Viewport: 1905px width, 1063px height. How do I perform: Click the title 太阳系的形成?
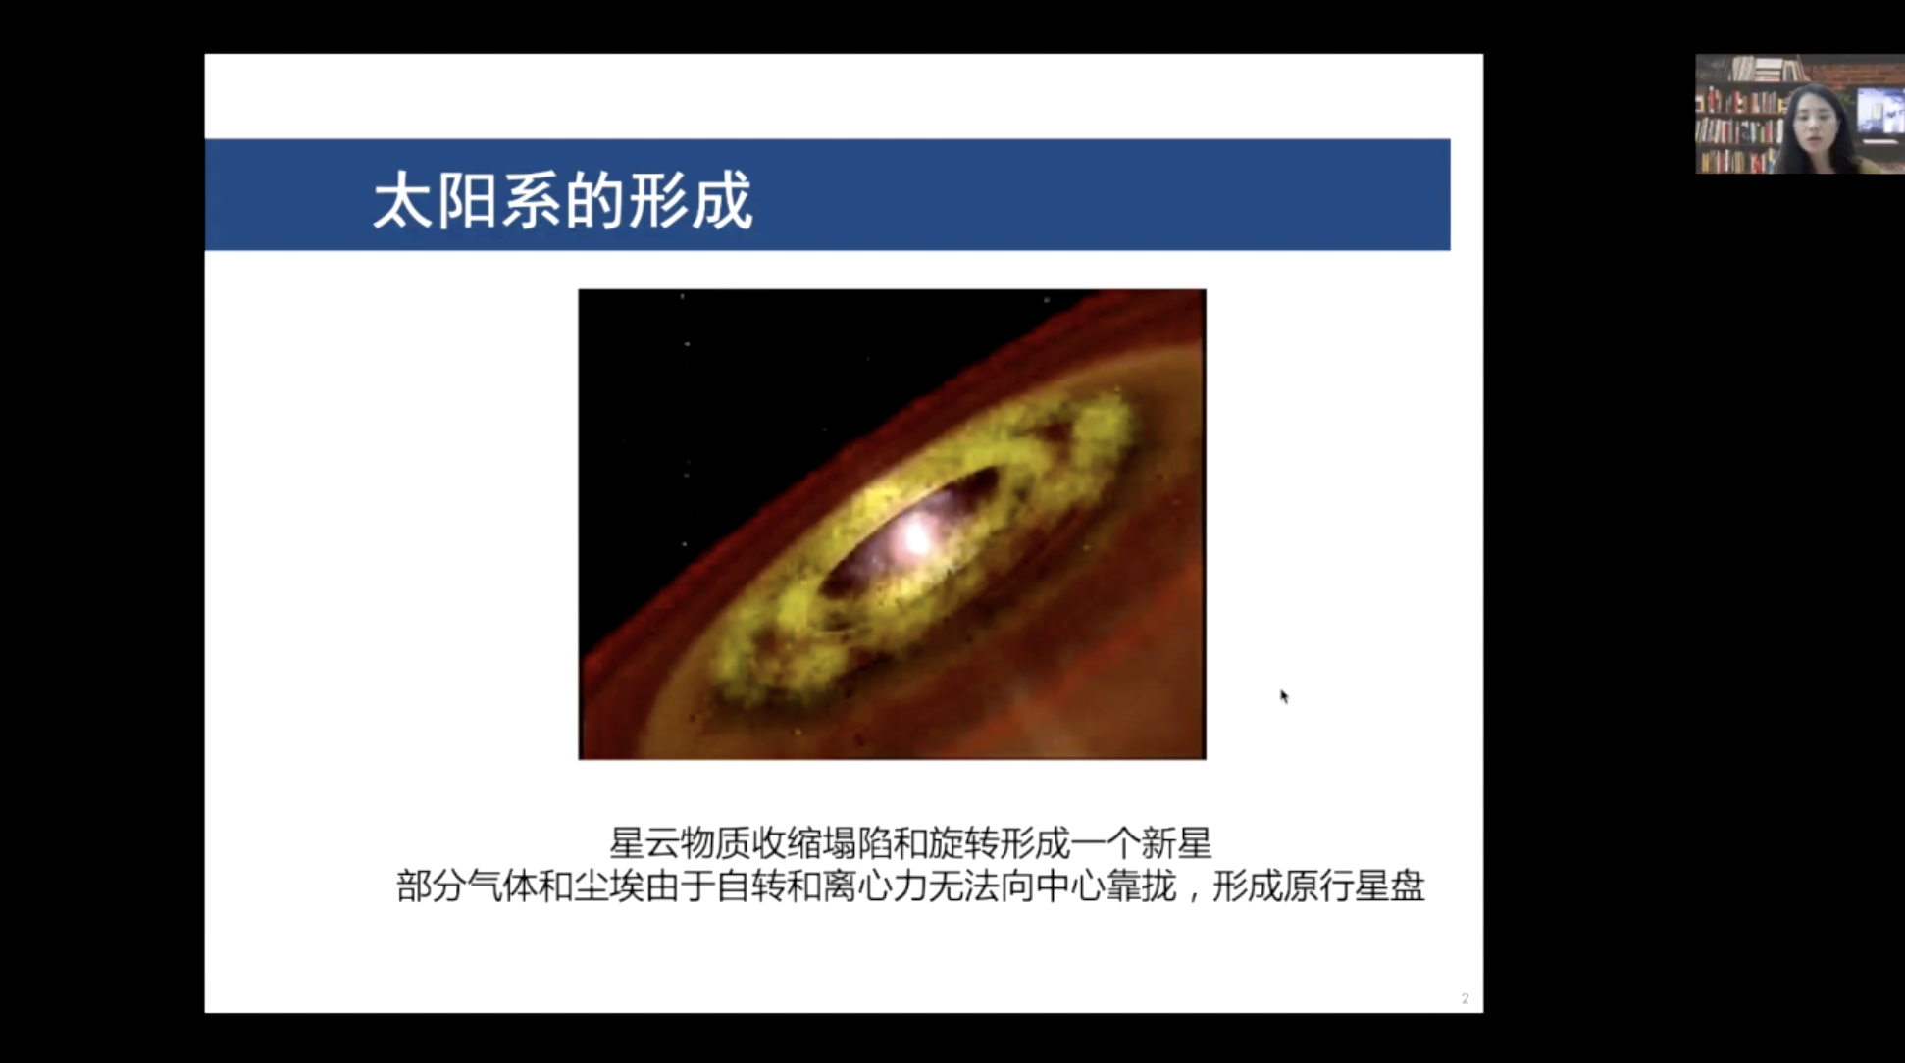[562, 201]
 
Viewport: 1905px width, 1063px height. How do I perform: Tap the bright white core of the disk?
[917, 535]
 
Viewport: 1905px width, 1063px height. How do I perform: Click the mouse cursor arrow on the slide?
[1283, 696]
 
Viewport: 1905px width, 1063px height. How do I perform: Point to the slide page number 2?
[1465, 998]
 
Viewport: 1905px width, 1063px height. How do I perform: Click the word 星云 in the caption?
[644, 842]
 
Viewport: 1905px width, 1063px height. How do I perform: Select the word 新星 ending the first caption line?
[1176, 842]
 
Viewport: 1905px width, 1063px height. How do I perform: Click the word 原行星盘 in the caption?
[1353, 886]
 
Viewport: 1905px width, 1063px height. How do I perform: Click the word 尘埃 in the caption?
[609, 886]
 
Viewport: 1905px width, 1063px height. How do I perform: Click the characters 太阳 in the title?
[436, 201]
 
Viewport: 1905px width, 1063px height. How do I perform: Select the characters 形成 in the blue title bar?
[690, 201]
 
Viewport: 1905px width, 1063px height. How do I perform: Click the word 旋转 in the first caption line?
[962, 842]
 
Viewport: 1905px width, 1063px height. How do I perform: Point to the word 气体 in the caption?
[503, 886]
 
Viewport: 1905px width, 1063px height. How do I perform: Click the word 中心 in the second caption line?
[1070, 886]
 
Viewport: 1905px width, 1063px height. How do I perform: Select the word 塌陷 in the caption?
[856, 842]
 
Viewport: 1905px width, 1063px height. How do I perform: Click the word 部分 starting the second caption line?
[432, 886]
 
